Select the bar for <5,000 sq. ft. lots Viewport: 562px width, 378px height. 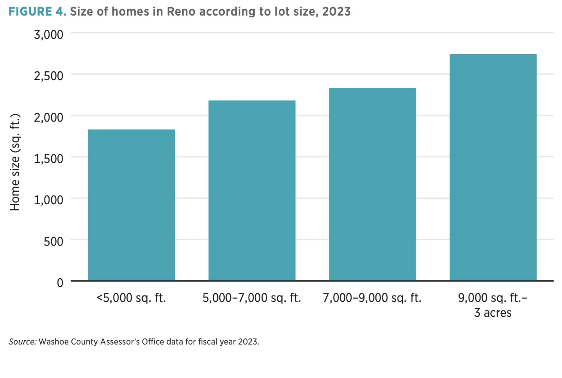click(x=131, y=205)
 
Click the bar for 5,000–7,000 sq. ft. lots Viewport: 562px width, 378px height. click(x=252, y=190)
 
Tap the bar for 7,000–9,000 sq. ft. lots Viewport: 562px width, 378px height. click(x=372, y=184)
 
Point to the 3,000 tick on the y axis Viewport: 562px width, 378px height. click(x=48, y=35)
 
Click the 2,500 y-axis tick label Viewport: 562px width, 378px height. click(x=48, y=76)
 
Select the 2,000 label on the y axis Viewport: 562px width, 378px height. click(x=48, y=117)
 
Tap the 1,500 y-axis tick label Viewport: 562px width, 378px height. click(x=48, y=159)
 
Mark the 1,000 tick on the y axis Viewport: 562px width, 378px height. click(x=48, y=200)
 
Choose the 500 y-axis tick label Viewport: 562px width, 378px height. click(x=53, y=242)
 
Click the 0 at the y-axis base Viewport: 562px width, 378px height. click(x=60, y=283)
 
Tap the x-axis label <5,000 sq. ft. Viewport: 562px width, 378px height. click(x=131, y=298)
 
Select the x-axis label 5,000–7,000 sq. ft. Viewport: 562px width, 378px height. click(x=252, y=298)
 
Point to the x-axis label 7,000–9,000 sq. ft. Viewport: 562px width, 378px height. click(x=372, y=298)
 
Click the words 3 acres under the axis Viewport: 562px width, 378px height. click(x=493, y=313)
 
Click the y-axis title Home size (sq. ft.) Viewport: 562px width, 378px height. click(x=15, y=162)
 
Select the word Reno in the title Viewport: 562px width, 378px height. click(x=181, y=12)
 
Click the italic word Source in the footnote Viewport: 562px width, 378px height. click(x=22, y=342)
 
